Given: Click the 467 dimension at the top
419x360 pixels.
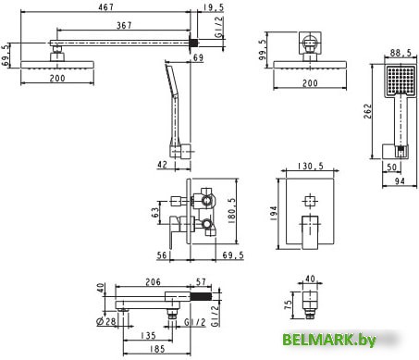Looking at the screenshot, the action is click(x=106, y=6).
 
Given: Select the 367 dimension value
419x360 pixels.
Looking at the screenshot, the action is click(x=124, y=25).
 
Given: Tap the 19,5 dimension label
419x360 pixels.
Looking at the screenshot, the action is click(x=214, y=7).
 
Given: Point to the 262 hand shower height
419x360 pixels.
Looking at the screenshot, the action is click(x=367, y=111).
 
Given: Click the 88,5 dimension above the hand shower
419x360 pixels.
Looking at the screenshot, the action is click(x=401, y=53).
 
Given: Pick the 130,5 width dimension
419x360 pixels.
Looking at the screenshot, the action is click(x=311, y=167).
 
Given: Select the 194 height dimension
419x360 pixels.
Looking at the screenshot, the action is click(x=274, y=213).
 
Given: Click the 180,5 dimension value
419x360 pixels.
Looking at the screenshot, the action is click(x=231, y=211).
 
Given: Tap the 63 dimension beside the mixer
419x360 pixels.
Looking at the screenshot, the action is click(x=155, y=212).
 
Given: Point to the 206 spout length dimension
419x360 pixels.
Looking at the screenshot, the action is click(x=153, y=281).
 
